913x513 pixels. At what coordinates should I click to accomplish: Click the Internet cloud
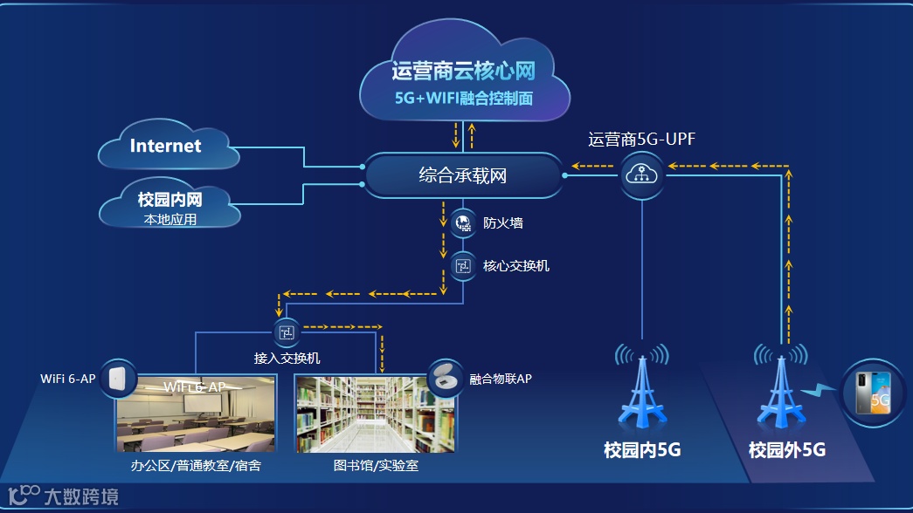click(x=165, y=147)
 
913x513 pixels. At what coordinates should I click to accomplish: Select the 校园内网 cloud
click(x=169, y=202)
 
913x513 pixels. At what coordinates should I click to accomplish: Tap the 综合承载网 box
click(x=463, y=175)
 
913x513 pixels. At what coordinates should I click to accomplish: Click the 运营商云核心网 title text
click(x=463, y=70)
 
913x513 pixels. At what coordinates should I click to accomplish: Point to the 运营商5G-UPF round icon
click(x=643, y=174)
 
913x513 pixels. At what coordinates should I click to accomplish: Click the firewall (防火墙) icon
click(x=462, y=224)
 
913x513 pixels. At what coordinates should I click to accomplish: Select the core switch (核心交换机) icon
click(x=462, y=266)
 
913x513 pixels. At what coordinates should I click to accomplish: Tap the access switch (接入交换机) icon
click(x=287, y=332)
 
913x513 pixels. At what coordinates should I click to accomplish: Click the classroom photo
click(x=196, y=414)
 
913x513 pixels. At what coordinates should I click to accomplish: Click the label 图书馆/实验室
click(x=376, y=466)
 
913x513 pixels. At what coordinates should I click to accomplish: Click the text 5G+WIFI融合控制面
click(x=463, y=99)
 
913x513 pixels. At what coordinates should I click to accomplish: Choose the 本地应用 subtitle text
click(x=170, y=220)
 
